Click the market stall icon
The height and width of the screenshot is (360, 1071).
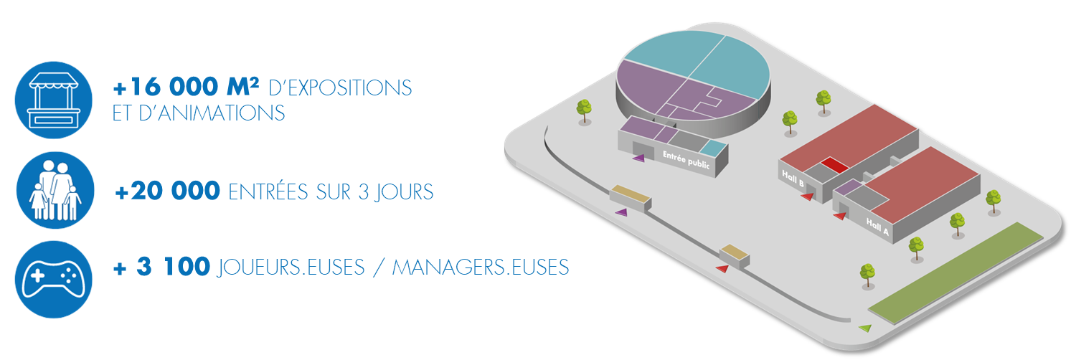pos(54,100)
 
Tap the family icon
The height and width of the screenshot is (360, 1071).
pos(55,190)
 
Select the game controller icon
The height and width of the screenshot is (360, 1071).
pos(54,280)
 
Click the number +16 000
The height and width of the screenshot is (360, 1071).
pos(166,87)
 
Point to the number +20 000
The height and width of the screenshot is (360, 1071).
pos(167,191)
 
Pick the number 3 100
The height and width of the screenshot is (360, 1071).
pos(173,267)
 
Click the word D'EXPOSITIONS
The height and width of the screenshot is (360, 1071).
pos(340,88)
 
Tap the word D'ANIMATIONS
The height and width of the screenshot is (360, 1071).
pos(212,113)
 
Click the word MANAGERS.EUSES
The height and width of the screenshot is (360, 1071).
pos(481,267)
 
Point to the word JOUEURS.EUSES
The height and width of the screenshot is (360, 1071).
pos(291,267)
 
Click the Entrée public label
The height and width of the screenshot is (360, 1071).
pos(686,160)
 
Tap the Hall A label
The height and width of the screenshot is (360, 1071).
pos(877,227)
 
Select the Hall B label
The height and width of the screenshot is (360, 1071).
pos(793,178)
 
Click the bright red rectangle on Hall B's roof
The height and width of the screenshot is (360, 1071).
pos(835,164)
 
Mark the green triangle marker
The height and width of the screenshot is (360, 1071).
pos(865,328)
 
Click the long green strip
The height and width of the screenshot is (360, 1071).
pos(956,273)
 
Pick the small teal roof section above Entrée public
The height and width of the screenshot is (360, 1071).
pos(714,148)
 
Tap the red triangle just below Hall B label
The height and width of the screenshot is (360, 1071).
pos(807,196)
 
